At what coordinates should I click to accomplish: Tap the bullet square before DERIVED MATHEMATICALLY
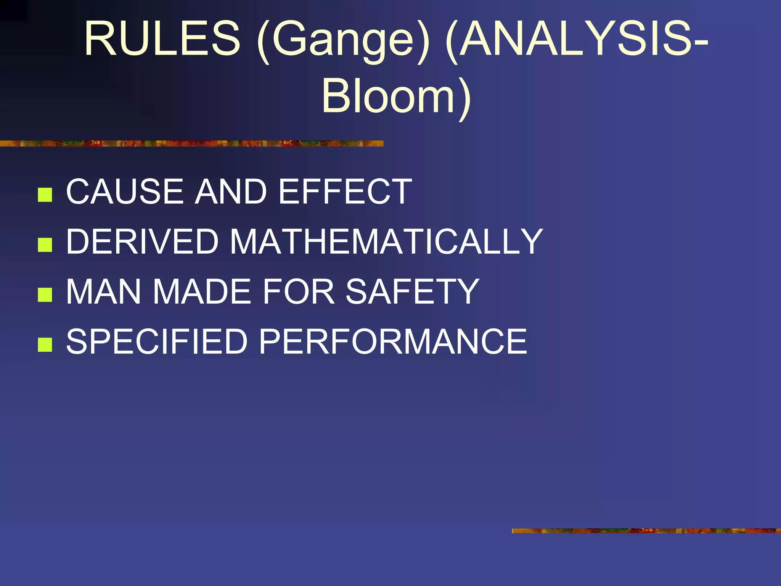(x=45, y=245)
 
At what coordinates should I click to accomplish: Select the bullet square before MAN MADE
(x=45, y=295)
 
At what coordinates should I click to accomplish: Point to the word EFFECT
(x=345, y=191)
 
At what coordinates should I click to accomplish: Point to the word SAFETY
(x=412, y=291)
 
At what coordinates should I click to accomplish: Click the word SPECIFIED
(x=157, y=341)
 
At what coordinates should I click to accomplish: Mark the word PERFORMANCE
(x=393, y=341)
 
